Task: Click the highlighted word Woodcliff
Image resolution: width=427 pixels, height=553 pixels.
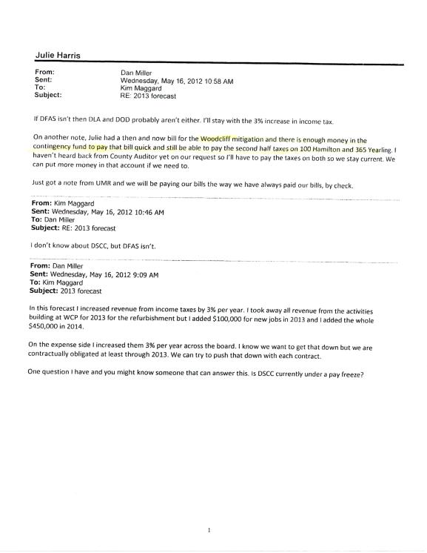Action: [x=219, y=139]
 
